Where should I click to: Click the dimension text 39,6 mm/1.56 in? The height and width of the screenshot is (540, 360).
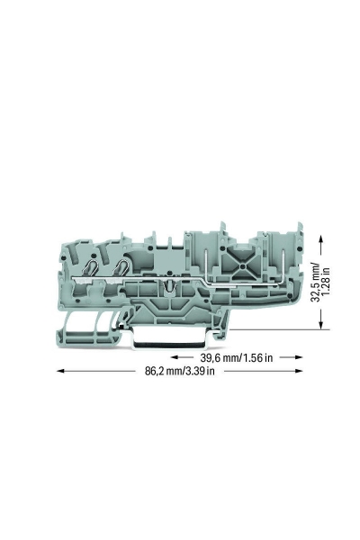pos(237,358)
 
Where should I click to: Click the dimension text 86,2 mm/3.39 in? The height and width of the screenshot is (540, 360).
pos(179,371)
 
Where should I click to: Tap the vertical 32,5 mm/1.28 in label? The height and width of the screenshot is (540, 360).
pos(320,283)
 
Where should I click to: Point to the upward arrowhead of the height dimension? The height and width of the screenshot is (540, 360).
pos(321,240)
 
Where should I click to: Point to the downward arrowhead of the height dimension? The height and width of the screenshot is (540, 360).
pos(321,324)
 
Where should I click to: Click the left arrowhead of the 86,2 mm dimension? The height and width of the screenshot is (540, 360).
pos(61,371)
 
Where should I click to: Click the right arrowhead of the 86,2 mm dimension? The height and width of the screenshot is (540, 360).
pos(298,371)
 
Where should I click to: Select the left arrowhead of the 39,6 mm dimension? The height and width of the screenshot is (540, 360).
pos(175,357)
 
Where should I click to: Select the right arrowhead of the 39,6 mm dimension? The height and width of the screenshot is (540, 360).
pos(298,357)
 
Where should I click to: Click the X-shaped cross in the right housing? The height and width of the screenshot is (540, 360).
pos(243,267)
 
